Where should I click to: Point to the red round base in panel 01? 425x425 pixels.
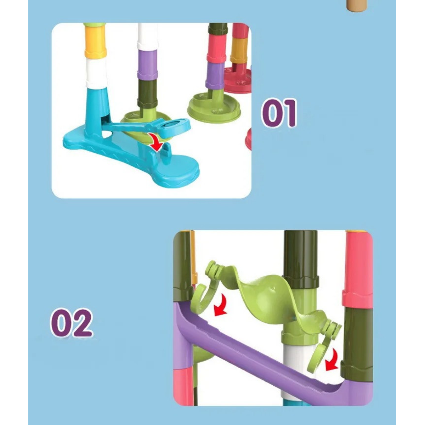click(x=238, y=79)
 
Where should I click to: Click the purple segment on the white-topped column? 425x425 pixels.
click(x=148, y=64)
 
